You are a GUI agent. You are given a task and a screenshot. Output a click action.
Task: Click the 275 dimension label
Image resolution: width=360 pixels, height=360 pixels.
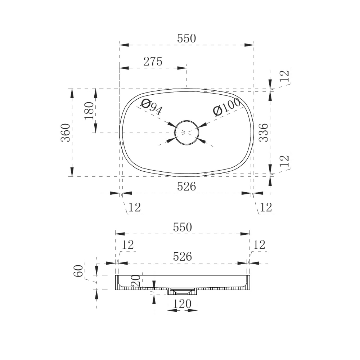(x=153, y=62)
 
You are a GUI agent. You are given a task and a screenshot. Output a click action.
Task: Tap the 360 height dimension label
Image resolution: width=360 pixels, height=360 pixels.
(x=66, y=132)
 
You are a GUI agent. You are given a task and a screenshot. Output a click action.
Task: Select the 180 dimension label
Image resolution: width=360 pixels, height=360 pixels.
(x=89, y=111)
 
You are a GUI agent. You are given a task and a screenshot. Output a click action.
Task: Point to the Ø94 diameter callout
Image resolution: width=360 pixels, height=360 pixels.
(x=152, y=107)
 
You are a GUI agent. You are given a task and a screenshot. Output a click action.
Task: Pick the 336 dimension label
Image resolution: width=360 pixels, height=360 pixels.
(x=264, y=132)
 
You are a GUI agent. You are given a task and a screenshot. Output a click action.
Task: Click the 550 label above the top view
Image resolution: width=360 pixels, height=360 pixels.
(x=186, y=39)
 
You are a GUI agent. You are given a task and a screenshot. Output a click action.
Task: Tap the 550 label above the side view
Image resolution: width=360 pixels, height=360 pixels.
(x=183, y=227)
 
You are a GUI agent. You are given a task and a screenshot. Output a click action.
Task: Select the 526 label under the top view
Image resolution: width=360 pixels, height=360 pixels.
(x=186, y=186)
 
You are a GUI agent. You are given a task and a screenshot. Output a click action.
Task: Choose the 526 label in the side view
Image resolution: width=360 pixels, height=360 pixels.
(x=183, y=256)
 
